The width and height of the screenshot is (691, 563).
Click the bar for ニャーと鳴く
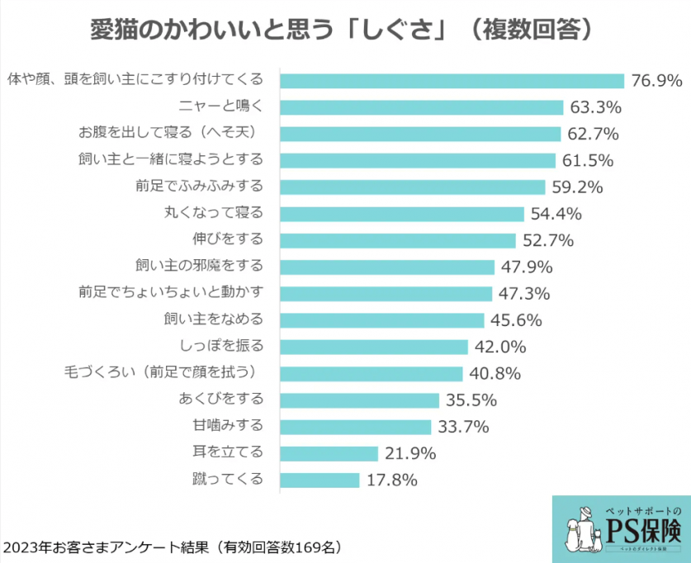[422, 107]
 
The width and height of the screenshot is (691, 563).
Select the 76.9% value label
[657, 81]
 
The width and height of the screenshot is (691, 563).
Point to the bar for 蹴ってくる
[320, 480]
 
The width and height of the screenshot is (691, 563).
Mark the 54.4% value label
[557, 214]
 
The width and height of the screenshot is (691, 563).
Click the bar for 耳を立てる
[329, 453]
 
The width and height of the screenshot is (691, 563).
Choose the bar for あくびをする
[360, 400]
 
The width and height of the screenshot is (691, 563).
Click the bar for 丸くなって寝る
[403, 214]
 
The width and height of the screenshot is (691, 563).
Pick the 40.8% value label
[495, 373]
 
